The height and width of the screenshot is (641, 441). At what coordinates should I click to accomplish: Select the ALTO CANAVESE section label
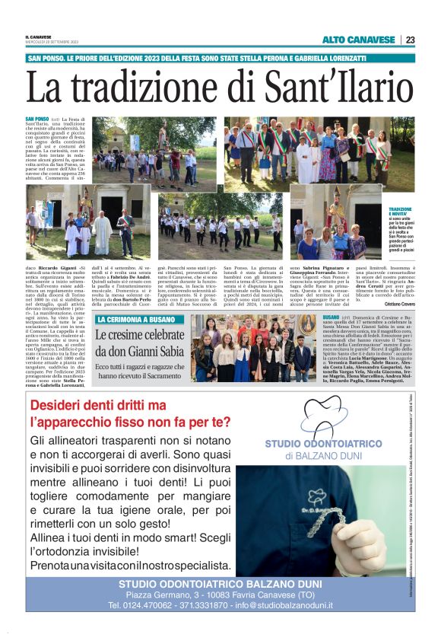tap(358, 40)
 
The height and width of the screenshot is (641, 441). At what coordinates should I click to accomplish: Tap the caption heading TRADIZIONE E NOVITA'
tap(400, 211)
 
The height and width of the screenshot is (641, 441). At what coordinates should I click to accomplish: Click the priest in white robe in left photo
tap(101, 233)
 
